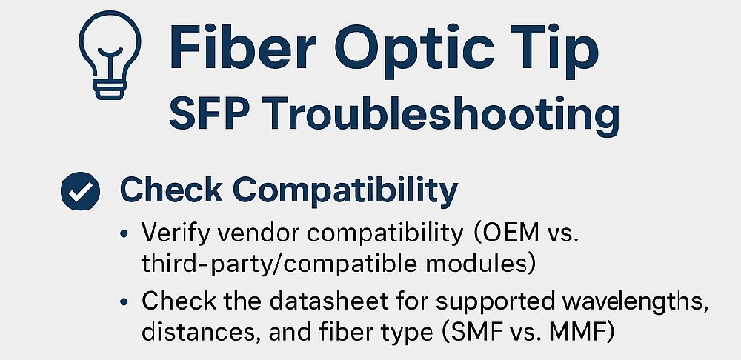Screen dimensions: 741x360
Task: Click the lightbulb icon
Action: click(x=110, y=54)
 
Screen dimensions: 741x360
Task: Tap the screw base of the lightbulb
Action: click(x=110, y=88)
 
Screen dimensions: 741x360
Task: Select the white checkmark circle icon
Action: click(x=80, y=191)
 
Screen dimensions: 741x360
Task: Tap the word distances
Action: click(x=202, y=331)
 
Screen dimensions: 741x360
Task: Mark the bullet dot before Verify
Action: click(x=124, y=234)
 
